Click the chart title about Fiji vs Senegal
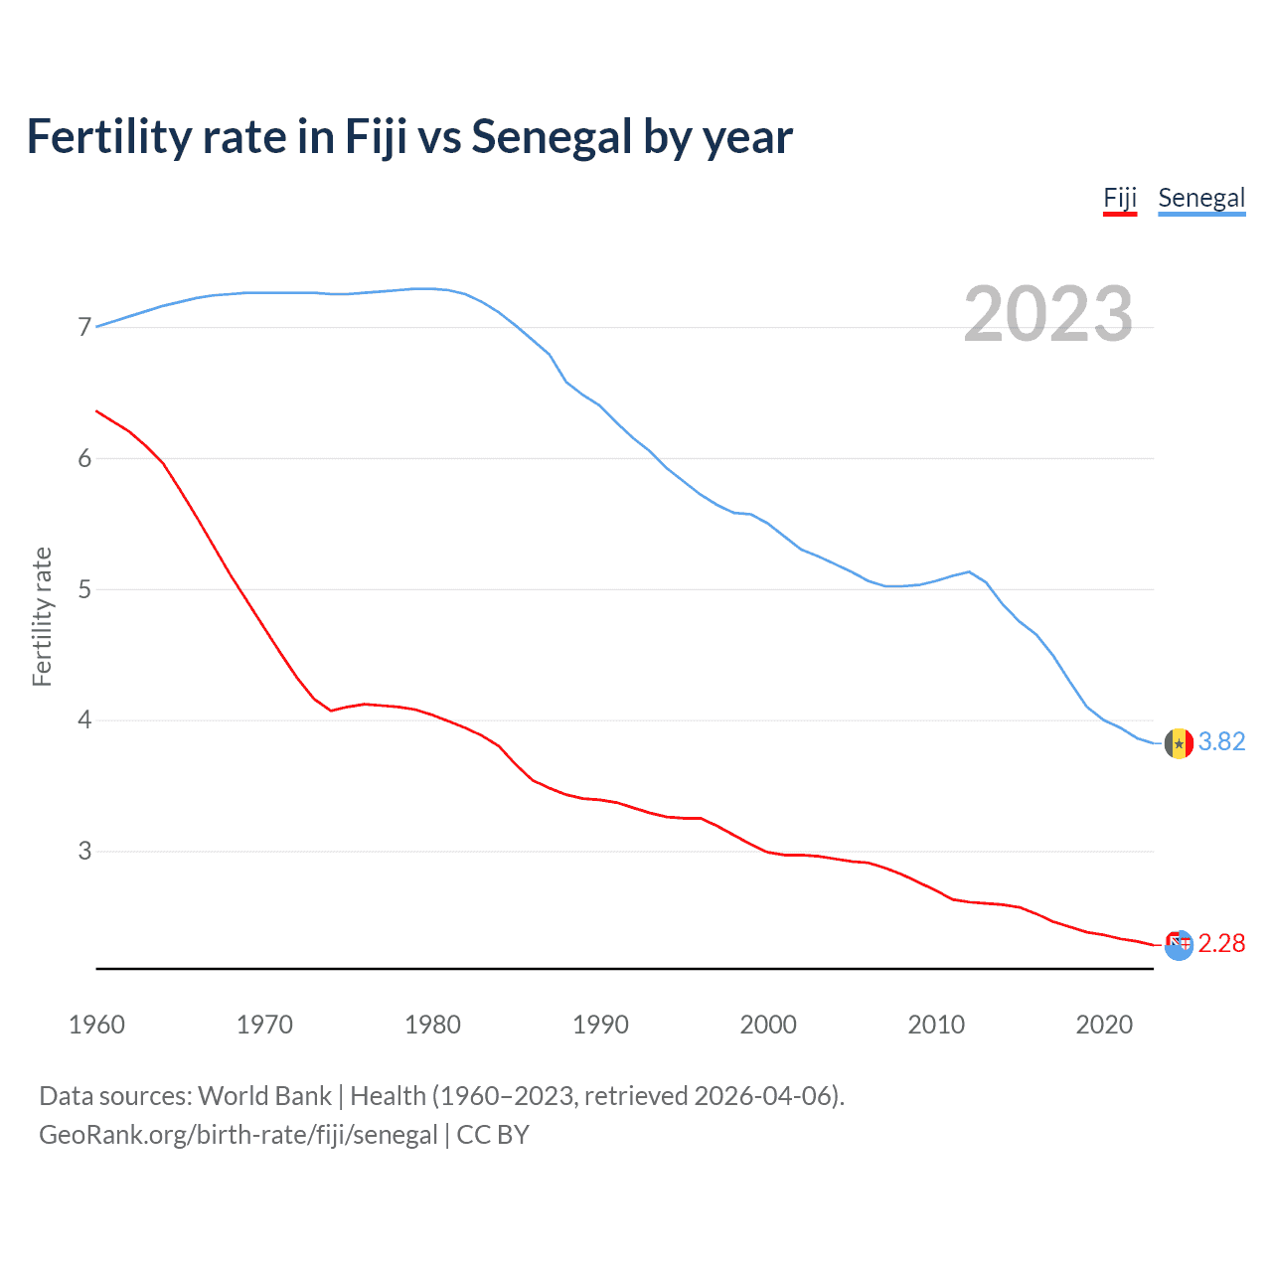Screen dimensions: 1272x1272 point(409,137)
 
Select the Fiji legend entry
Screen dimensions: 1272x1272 point(1119,198)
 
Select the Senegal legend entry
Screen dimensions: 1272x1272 point(1201,198)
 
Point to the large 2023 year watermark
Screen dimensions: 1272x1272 point(1047,314)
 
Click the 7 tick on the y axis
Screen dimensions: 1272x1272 point(84,327)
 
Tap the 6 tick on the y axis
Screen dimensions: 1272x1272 point(84,458)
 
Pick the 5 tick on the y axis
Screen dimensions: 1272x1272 point(84,589)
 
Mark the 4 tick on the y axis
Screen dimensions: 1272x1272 point(84,719)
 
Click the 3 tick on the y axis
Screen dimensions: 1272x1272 point(84,851)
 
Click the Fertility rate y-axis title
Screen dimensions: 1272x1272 point(42,616)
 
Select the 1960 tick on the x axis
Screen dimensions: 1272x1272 point(96,1025)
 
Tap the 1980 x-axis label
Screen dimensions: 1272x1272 point(432,1025)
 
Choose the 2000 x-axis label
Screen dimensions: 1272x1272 point(768,1025)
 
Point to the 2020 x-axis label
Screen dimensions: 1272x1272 point(1104,1025)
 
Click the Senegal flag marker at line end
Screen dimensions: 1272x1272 point(1179,743)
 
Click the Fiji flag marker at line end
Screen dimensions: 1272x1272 point(1179,945)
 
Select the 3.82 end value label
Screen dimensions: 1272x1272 point(1221,742)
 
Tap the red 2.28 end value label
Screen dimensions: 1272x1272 point(1221,943)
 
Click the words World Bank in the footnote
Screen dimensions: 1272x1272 point(264,1096)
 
